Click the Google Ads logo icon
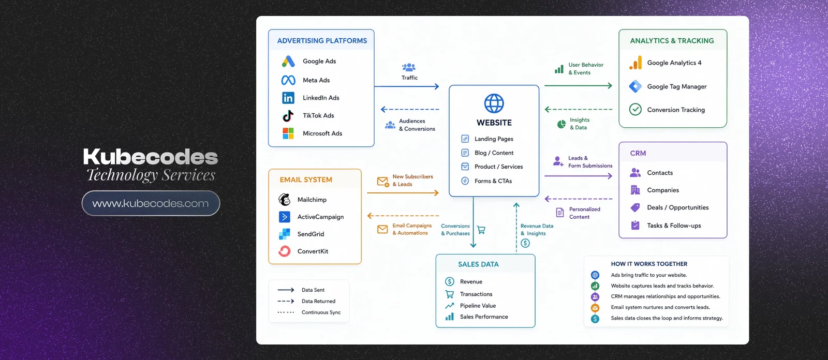288,62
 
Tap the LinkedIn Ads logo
288,98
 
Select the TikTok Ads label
318,116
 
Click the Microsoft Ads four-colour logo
288,133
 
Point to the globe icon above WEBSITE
494,103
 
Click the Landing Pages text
494,139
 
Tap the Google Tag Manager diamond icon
635,86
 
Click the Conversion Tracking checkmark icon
635,110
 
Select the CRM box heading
638,154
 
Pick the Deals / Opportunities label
678,208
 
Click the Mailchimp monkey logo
284,200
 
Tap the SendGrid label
311,234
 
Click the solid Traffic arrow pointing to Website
407,86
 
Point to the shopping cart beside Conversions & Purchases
481,230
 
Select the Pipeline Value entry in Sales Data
478,306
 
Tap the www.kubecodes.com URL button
151,203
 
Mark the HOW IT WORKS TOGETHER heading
649,264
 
